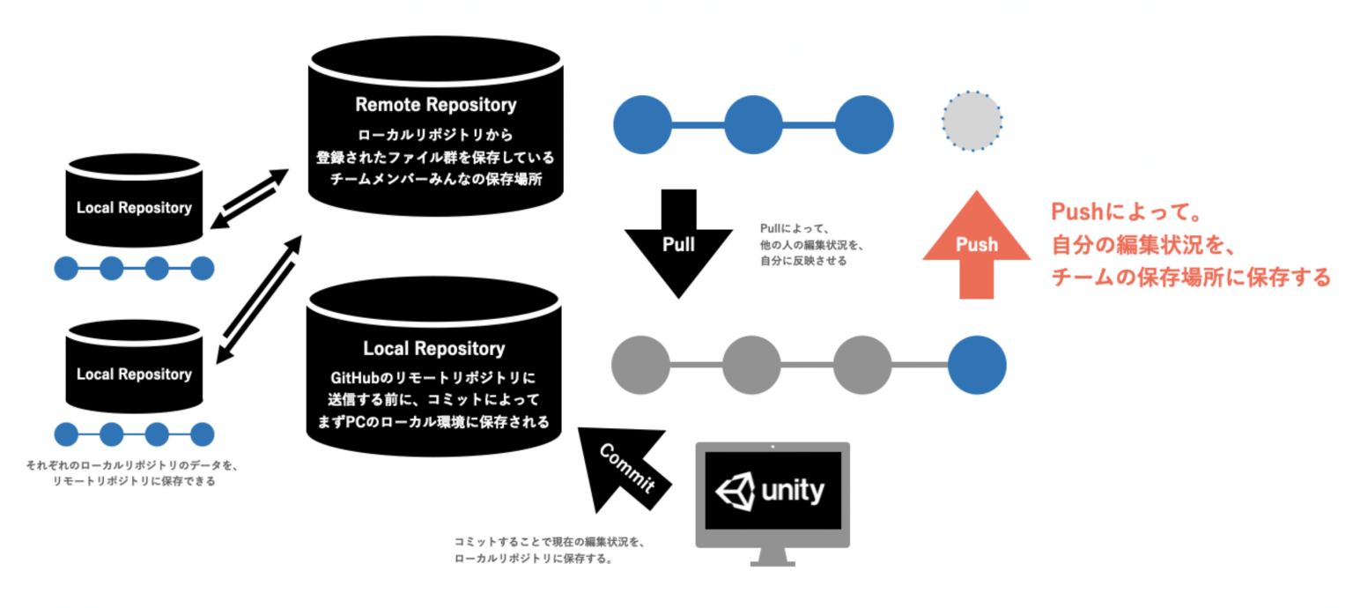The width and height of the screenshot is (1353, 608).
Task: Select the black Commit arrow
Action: tap(627, 467)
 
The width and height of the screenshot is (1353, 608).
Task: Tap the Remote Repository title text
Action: tap(435, 105)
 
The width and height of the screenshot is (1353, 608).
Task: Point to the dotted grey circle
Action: tap(972, 122)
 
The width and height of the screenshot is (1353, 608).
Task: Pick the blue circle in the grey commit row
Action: tap(977, 365)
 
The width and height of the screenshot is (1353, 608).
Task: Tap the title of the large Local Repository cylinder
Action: tap(433, 349)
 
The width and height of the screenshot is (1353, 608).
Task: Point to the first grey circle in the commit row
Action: tap(640, 365)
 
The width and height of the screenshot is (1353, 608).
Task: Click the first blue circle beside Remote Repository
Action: tap(642, 123)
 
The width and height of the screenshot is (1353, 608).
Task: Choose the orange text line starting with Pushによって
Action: tap(1127, 213)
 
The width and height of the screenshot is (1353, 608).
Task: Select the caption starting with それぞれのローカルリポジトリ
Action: tap(133, 465)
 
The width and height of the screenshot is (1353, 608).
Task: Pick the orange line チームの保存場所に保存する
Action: tap(1190, 278)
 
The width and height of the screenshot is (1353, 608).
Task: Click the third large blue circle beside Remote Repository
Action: tap(864, 123)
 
